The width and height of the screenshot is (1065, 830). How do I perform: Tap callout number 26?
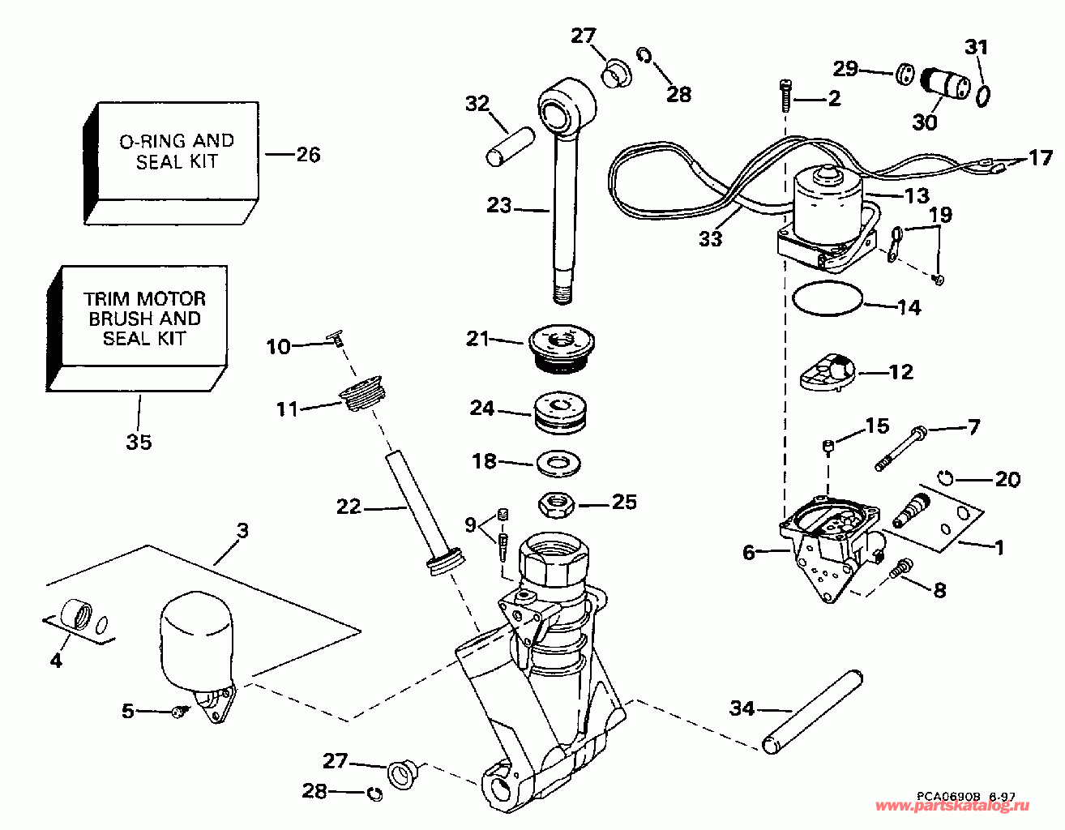coord(308,154)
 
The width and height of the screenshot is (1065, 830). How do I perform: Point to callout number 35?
coord(139,442)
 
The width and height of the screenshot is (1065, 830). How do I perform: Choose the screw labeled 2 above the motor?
coord(786,96)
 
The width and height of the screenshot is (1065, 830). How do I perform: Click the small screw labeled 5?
coord(180,712)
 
